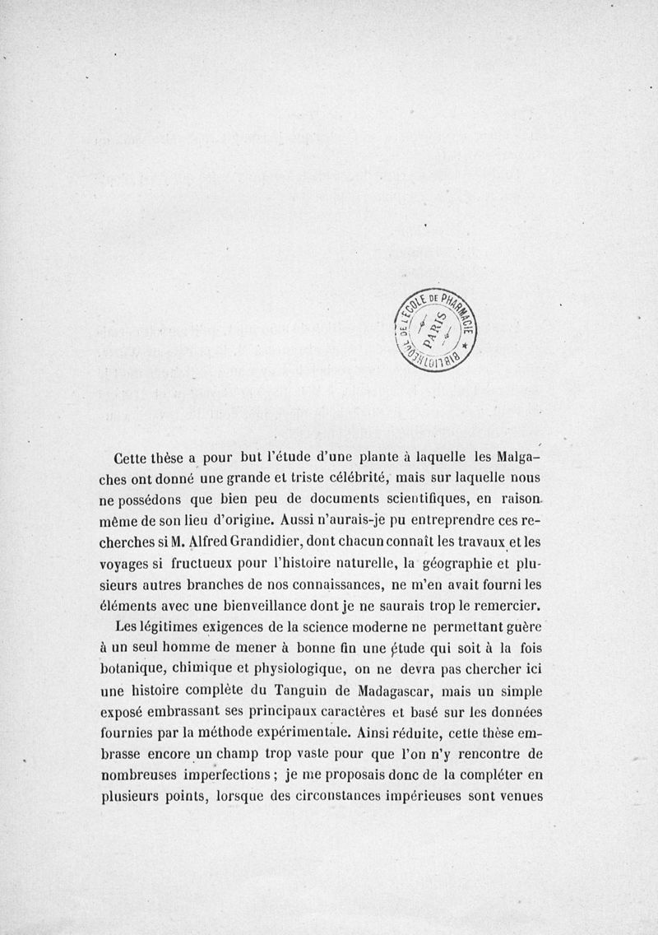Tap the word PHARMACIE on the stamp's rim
tap(464, 312)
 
